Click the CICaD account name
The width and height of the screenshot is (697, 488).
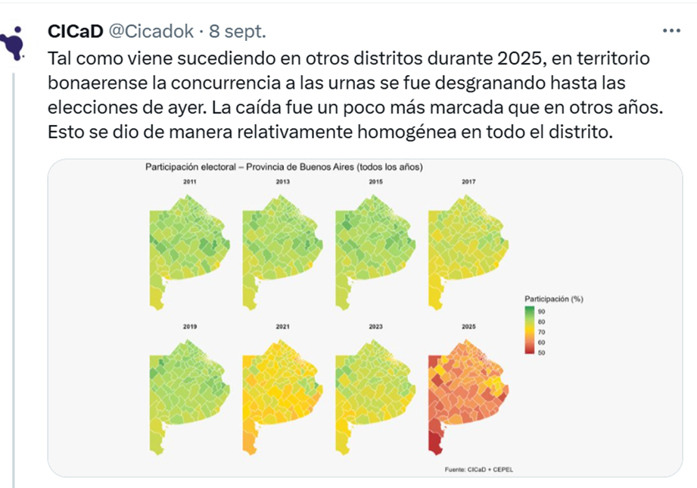[76, 31]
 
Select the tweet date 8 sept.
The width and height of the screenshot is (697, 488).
[238, 31]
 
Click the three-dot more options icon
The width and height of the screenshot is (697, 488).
[671, 31]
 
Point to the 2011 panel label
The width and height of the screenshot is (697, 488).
[190, 183]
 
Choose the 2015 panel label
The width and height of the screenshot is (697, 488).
[376, 183]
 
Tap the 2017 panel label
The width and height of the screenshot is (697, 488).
[468, 183]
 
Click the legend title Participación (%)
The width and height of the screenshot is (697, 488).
[553, 299]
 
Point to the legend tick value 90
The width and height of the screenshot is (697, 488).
[541, 311]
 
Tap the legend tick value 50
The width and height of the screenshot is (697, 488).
[541, 352]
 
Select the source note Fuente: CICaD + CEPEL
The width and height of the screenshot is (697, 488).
[479, 470]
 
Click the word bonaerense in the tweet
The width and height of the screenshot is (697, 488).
[95, 81]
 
